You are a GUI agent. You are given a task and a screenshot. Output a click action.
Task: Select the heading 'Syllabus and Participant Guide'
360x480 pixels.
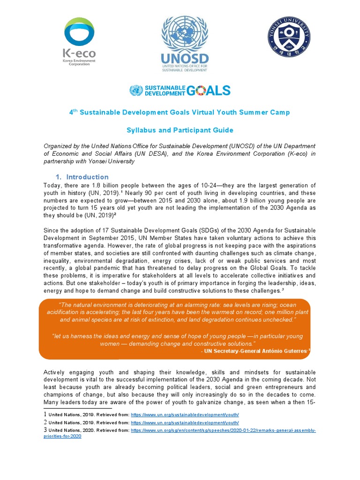[x=180, y=130]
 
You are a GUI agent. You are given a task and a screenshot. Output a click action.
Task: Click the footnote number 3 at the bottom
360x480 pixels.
[x=45, y=430]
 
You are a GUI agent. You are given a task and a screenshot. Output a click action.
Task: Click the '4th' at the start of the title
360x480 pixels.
[x=73, y=112]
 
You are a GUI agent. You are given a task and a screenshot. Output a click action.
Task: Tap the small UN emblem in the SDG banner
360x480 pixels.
[x=136, y=90]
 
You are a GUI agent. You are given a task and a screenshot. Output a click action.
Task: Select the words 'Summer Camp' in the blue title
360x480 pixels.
[x=268, y=112]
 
